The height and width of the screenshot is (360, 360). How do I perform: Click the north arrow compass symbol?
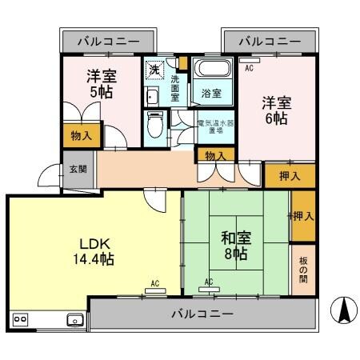345,310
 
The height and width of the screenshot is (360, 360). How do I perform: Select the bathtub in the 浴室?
213,70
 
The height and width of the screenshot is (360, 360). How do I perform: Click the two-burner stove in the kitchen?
20,319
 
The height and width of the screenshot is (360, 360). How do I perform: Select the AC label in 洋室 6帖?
249,69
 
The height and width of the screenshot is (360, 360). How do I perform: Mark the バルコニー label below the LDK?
202,314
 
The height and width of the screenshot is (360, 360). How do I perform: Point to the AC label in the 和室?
208,282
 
